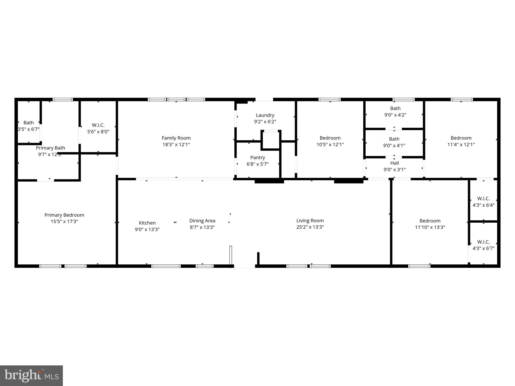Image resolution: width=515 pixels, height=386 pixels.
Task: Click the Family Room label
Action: [176, 138]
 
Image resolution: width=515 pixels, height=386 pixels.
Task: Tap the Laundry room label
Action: [265, 115]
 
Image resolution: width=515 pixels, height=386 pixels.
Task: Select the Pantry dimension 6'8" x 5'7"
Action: [257, 164]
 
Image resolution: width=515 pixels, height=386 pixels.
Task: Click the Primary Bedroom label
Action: [64, 215]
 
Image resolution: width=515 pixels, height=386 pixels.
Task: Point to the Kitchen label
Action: [147, 223]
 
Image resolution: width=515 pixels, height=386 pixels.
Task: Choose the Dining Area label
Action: [202, 221]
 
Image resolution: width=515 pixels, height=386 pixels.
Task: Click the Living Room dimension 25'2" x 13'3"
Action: [310, 227]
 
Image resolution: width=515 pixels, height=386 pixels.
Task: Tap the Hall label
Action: [394, 163]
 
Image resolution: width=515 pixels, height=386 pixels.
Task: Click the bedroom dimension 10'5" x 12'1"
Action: [330, 144]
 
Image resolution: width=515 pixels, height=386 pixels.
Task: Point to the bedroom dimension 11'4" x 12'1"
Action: [461, 144]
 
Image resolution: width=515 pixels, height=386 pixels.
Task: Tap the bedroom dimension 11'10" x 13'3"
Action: [430, 227]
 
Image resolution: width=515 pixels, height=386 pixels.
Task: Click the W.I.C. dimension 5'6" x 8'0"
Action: [98, 132]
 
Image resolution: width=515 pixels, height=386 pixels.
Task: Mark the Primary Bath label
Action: [50, 148]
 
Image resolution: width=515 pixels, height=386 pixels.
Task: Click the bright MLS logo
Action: [31, 376]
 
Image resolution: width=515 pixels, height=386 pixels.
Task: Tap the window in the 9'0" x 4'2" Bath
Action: [403, 100]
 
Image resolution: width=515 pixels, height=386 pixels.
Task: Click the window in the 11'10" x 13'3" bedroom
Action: [419, 266]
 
